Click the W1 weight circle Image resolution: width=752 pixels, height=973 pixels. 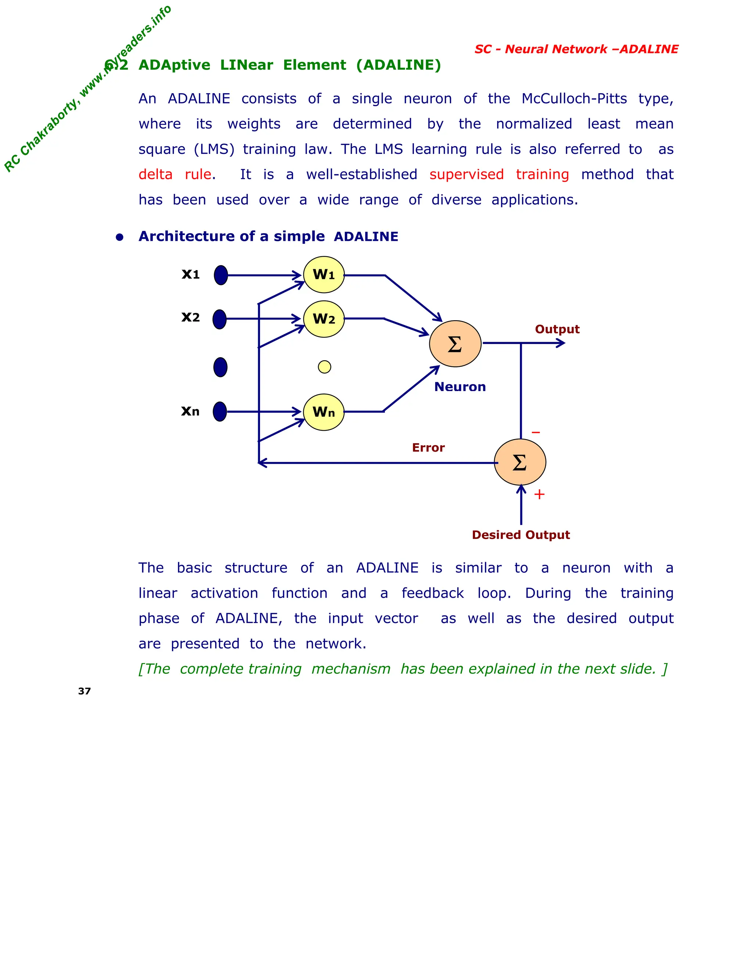pyautogui.click(x=324, y=275)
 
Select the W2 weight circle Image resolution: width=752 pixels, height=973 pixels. pyautogui.click(x=324, y=319)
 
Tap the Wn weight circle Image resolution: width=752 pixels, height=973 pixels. pyautogui.click(x=324, y=412)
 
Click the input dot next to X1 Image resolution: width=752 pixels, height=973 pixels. pyautogui.click(x=221, y=275)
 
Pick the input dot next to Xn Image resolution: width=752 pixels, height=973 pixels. pyautogui.click(x=220, y=412)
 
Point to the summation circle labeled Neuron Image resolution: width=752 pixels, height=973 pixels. pyautogui.click(x=455, y=344)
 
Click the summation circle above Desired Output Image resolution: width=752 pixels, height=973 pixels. pyautogui.click(x=520, y=462)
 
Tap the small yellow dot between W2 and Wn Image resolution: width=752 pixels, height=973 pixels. pyautogui.click(x=324, y=367)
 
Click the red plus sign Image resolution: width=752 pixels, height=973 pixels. pyautogui.click(x=539, y=495)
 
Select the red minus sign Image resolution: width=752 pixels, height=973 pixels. pyautogui.click(x=535, y=433)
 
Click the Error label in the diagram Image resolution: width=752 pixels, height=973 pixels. pyautogui.click(x=428, y=448)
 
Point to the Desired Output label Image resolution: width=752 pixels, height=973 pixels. pyautogui.click(x=521, y=535)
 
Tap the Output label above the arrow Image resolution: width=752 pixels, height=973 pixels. pyautogui.click(x=557, y=329)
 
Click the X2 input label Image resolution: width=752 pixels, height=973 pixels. pyautogui.click(x=191, y=317)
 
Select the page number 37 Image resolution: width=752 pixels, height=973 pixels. pyautogui.click(x=84, y=691)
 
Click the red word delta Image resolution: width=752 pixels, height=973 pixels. pyautogui.click(x=155, y=174)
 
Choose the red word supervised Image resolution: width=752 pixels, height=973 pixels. pyautogui.click(x=466, y=174)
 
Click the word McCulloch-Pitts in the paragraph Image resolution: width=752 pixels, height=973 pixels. pyautogui.click(x=574, y=98)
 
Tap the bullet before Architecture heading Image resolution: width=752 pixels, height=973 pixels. pyautogui.click(x=119, y=237)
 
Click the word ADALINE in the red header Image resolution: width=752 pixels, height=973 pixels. pyautogui.click(x=649, y=50)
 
